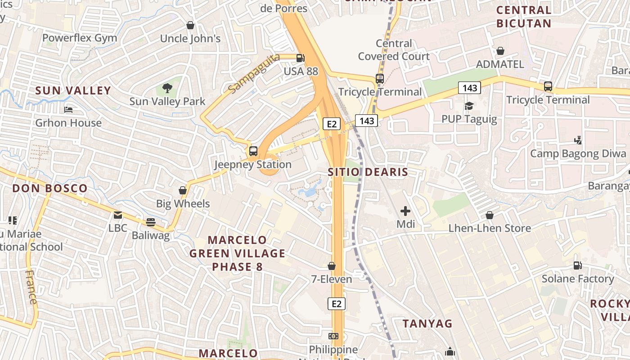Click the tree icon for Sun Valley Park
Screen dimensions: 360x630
(x=167, y=88)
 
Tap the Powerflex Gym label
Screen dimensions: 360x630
(x=80, y=38)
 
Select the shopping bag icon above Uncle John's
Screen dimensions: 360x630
(x=190, y=25)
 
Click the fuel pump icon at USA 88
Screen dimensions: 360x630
(x=300, y=58)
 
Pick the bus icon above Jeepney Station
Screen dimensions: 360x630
(x=253, y=151)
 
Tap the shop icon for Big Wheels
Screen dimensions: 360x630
(x=183, y=190)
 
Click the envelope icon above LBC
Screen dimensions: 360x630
(x=118, y=215)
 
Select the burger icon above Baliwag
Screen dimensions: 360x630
(x=150, y=222)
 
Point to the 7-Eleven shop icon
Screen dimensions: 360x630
(x=332, y=266)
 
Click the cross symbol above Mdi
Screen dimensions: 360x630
(x=405, y=211)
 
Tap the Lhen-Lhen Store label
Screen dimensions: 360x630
(x=490, y=228)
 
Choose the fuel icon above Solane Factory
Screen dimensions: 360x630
(x=577, y=265)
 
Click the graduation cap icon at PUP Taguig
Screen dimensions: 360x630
(x=469, y=106)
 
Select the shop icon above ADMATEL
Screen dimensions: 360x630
(x=500, y=51)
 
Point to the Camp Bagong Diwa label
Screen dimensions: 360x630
(x=578, y=153)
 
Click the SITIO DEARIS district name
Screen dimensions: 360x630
(x=368, y=172)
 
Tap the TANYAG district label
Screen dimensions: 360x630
(x=427, y=324)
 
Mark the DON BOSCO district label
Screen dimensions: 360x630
(x=50, y=188)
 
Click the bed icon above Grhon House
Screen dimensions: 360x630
(x=68, y=109)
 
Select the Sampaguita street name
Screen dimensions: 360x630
(x=254, y=73)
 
